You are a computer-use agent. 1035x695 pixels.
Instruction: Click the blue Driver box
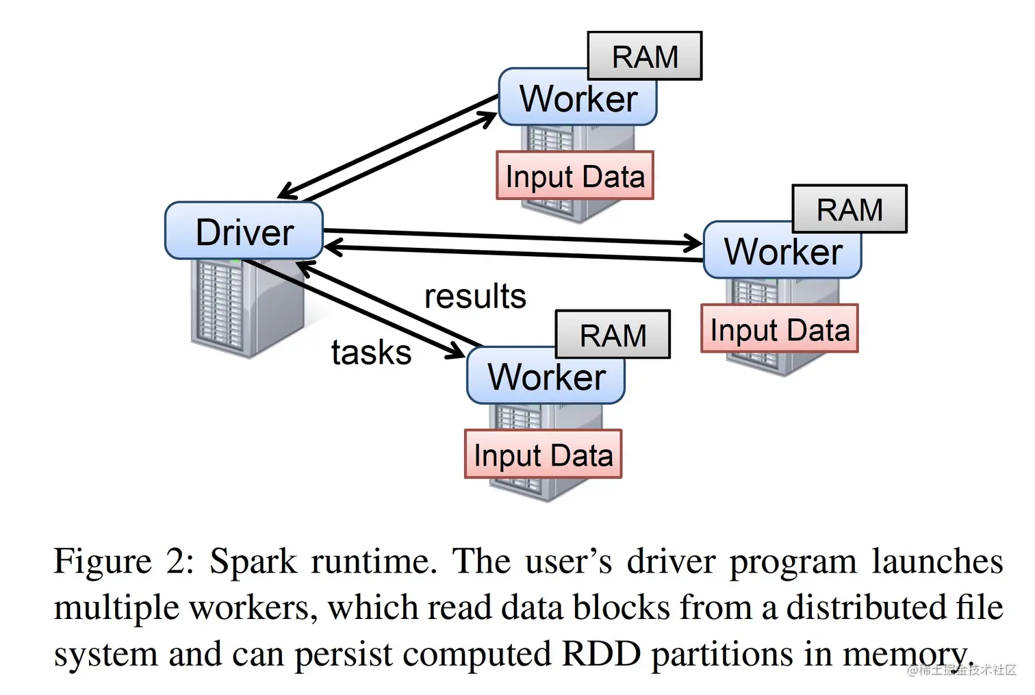click(244, 231)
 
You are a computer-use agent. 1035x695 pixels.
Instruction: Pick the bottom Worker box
click(546, 377)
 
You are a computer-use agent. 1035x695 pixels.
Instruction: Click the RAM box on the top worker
click(645, 56)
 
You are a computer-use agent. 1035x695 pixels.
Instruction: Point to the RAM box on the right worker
click(849, 209)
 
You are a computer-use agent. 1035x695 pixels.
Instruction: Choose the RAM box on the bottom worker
click(613, 335)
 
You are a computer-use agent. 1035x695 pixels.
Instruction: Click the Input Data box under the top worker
click(575, 176)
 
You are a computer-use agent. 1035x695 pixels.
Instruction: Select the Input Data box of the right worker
click(780, 329)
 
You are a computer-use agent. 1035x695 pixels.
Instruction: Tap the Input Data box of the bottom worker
click(543, 455)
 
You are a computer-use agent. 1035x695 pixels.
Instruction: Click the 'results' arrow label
click(475, 296)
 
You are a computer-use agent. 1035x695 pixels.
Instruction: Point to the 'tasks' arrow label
click(371, 353)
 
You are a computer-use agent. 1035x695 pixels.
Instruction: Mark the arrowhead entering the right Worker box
click(694, 242)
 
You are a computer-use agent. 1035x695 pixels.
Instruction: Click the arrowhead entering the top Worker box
click(488, 118)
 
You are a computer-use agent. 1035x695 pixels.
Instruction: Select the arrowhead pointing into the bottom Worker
click(456, 353)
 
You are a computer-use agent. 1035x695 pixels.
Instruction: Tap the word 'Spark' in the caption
click(253, 562)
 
